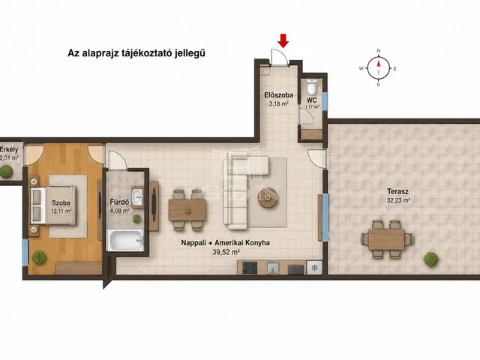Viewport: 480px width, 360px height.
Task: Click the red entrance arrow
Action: (283, 41)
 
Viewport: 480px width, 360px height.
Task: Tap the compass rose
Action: (379, 67)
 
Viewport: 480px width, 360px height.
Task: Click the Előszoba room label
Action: (278, 95)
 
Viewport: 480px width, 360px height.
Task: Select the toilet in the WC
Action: (312, 87)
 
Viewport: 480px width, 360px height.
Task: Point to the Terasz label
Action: (397, 192)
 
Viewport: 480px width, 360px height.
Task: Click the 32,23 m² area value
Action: (398, 200)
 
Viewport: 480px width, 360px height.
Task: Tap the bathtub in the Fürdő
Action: (125, 240)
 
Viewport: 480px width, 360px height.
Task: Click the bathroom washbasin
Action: (137, 196)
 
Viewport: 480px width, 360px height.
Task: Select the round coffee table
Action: (268, 197)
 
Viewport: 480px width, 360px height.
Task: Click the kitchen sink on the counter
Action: (273, 268)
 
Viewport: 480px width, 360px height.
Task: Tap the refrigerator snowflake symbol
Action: (314, 268)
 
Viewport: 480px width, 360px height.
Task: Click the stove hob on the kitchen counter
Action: (250, 268)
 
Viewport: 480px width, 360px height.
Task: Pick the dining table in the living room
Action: (187, 210)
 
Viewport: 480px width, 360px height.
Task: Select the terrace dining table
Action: (387, 239)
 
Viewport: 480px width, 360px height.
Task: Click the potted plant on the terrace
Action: (430, 259)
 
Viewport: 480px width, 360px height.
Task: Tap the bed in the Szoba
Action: (53, 205)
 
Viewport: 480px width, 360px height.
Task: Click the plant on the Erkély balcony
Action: (6, 172)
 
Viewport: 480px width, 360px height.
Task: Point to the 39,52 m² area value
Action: (226, 252)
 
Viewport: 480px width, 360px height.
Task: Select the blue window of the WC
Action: (325, 102)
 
